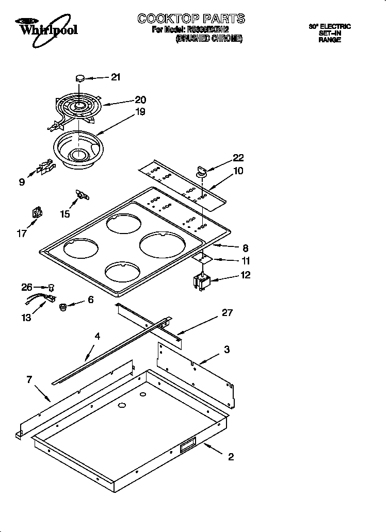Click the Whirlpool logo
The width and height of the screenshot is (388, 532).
tap(46, 28)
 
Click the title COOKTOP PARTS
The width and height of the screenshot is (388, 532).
tap(191, 19)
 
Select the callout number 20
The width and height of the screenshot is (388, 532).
tap(140, 100)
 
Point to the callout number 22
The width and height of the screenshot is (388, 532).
tap(238, 158)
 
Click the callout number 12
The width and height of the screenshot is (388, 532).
tap(245, 275)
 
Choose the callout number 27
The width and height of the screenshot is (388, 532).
tap(228, 312)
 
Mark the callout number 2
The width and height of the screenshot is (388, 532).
tap(231, 456)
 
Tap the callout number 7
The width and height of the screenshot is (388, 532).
tap(29, 380)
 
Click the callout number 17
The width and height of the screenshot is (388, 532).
tap(22, 233)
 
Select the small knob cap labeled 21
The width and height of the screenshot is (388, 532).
tap(80, 78)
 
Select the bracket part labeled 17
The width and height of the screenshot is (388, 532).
tap(37, 213)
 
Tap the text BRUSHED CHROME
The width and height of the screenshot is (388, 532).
tap(209, 39)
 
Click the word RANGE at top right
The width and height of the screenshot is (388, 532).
tap(329, 40)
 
